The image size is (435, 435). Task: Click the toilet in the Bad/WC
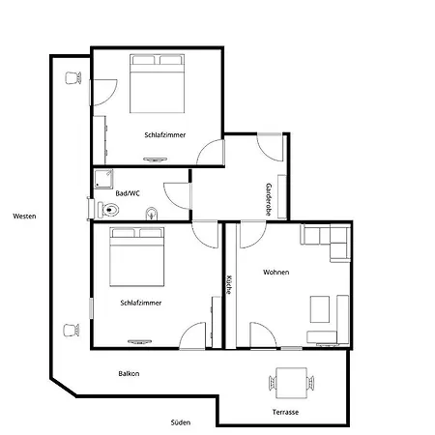108,210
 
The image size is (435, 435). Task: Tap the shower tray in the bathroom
103,179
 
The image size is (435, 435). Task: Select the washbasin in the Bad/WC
152,214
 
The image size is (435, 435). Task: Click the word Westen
24,217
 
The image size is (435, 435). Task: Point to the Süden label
181,422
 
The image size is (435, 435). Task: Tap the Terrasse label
285,412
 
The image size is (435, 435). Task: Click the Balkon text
129,374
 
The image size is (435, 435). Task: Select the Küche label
229,284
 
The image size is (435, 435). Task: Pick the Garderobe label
269,199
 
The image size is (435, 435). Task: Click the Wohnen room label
276,273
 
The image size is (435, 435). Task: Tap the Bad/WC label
128,193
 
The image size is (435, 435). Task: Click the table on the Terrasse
292,383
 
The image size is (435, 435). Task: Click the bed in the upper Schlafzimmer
157,83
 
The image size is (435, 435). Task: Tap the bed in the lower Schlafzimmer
137,257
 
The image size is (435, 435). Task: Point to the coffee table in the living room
320,309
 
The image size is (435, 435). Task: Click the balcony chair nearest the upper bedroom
73,78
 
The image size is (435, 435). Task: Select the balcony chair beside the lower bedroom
72,330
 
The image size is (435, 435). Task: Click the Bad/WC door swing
178,196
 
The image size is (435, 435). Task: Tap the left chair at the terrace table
273,383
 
